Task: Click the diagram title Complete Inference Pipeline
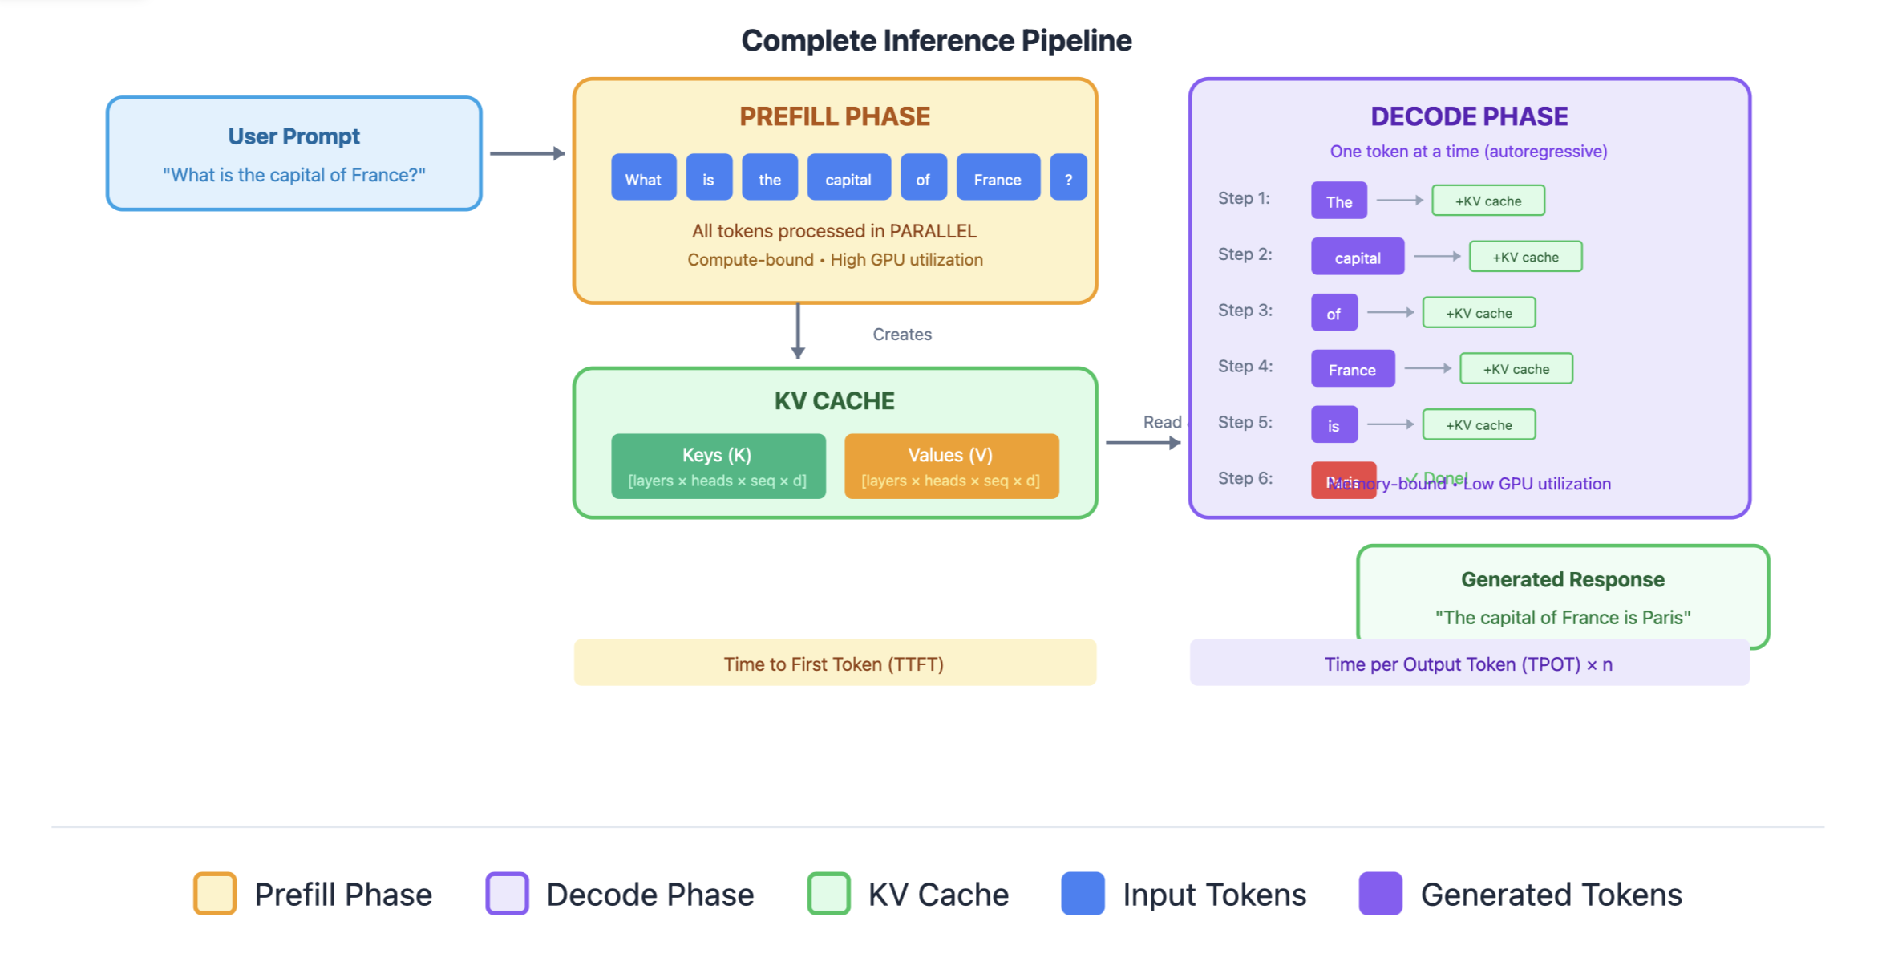936,40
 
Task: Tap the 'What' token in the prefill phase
643,178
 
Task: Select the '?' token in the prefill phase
1068,178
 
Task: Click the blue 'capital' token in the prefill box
848,178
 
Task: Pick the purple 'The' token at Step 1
1338,201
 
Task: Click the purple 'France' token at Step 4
1352,369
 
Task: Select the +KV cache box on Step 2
1525,257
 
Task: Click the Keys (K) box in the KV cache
718,466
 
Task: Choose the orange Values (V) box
951,466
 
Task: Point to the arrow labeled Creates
798,331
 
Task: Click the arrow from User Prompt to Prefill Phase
527,153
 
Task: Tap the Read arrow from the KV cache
1143,443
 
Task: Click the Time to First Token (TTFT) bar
834,664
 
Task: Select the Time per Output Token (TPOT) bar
1468,664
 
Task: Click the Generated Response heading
1562,579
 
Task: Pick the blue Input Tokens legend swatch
1083,893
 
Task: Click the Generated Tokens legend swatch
1380,893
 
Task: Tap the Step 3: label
1245,310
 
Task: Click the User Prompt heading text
293,136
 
